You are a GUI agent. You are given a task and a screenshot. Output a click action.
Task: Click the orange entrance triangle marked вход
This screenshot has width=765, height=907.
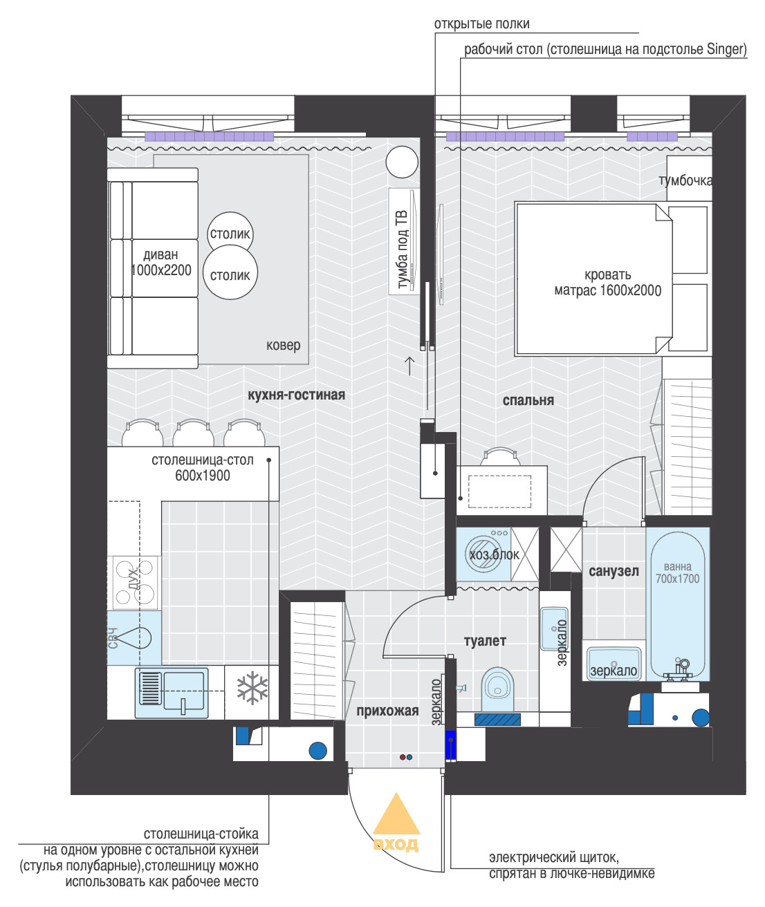coord(396,814)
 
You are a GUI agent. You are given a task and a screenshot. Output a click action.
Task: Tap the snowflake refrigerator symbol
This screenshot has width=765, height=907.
coord(252,689)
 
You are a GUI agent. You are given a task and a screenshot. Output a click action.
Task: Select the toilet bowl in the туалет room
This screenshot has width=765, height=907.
coord(498,689)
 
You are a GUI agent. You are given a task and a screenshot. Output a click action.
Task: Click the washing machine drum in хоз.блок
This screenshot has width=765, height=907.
coord(483,554)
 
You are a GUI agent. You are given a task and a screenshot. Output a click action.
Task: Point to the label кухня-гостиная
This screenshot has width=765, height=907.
coord(297,395)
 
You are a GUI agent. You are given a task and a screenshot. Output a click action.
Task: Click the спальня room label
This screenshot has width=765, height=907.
coord(528,400)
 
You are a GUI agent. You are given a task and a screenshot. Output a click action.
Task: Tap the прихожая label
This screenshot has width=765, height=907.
coord(387,711)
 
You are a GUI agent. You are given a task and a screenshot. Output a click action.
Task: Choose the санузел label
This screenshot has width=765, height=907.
coord(614,571)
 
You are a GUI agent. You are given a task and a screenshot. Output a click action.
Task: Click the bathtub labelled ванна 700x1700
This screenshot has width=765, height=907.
coord(677,603)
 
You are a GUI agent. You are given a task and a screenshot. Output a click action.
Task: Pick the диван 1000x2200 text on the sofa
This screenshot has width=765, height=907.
coord(161,263)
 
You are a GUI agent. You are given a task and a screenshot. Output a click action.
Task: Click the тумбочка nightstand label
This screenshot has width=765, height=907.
coord(685,180)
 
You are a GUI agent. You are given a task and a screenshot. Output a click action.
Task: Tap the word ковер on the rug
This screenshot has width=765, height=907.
coord(284,346)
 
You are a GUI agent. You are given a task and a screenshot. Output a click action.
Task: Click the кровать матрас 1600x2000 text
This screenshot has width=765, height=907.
coord(608,282)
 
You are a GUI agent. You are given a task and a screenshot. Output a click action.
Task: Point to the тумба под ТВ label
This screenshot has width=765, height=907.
coord(403,250)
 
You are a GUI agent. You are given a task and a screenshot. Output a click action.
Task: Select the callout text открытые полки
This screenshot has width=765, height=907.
coord(481,24)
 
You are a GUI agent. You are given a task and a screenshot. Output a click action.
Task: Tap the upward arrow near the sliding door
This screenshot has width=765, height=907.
coord(409,366)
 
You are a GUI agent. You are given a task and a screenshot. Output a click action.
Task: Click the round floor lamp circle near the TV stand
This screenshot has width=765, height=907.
coord(402,162)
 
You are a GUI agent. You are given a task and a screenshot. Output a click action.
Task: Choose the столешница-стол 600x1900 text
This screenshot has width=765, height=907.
coord(203,468)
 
